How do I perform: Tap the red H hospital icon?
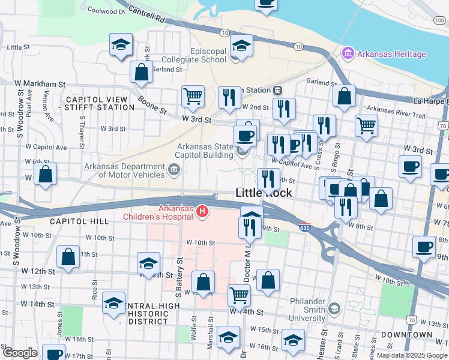point(203,212)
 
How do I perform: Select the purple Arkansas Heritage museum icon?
point(346,54)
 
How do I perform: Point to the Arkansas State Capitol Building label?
point(204,151)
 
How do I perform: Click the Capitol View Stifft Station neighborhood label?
point(100,103)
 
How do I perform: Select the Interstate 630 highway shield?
point(304,228)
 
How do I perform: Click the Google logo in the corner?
point(19,352)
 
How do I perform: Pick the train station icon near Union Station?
point(278,90)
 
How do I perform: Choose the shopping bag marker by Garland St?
point(141,72)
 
